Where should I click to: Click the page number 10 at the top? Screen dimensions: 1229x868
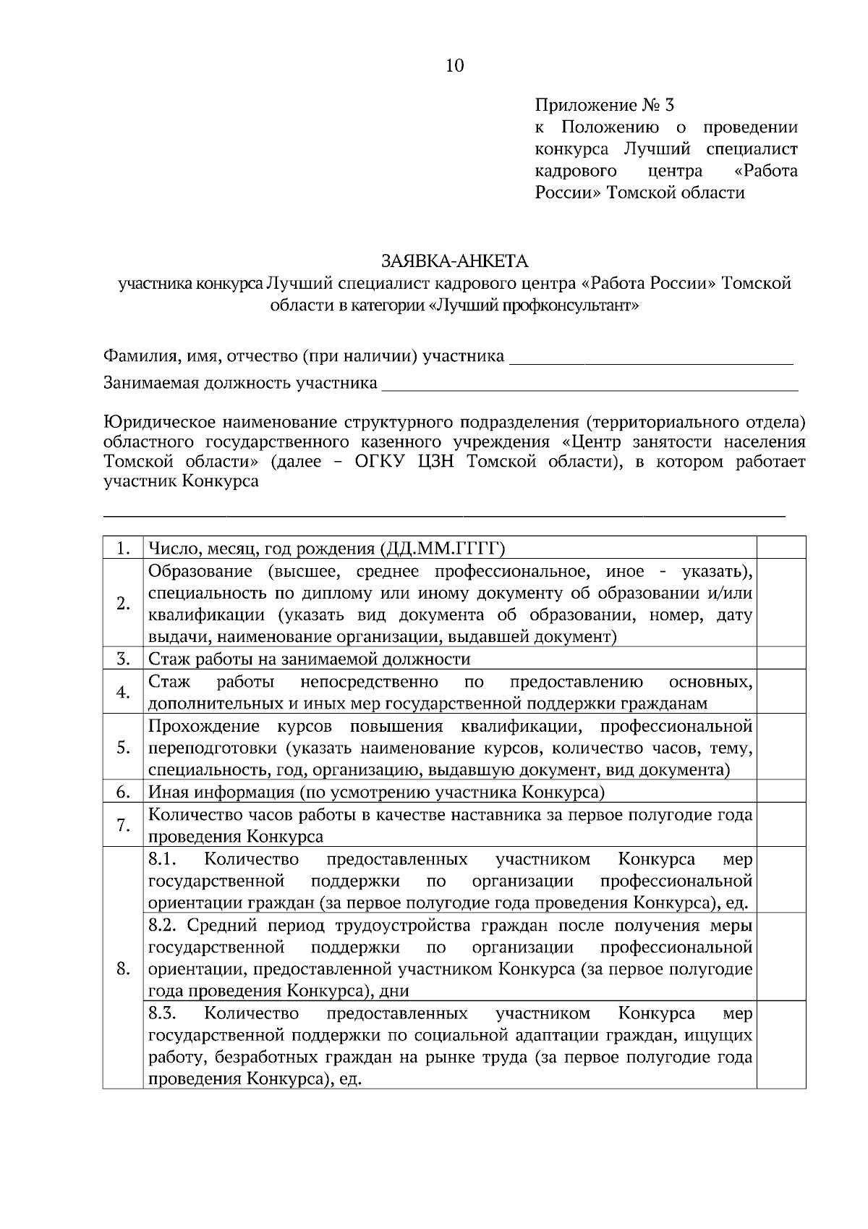[454, 67]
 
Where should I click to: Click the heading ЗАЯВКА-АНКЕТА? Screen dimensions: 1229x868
[455, 260]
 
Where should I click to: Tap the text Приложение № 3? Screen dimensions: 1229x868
[604, 106]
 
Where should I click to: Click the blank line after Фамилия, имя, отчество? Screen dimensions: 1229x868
[651, 358]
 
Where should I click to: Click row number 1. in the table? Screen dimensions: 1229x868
[123, 549]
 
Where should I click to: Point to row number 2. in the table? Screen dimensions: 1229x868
[123, 604]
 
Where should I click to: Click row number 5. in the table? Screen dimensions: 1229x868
[123, 748]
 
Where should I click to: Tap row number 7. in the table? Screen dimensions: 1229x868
[123, 826]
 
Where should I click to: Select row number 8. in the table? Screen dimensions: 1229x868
[123, 968]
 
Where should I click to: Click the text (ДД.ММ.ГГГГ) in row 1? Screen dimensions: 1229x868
[442, 548]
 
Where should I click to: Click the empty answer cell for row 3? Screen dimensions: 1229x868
[780, 659]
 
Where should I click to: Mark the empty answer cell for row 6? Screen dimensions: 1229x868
[780, 792]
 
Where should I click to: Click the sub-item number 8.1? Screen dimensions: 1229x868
[163, 859]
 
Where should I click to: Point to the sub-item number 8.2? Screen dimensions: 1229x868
[163, 926]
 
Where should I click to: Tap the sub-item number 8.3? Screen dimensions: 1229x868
[163, 1013]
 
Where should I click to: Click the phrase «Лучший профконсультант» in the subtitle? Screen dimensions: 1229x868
[534, 305]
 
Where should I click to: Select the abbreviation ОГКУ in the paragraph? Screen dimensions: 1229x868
[383, 462]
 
